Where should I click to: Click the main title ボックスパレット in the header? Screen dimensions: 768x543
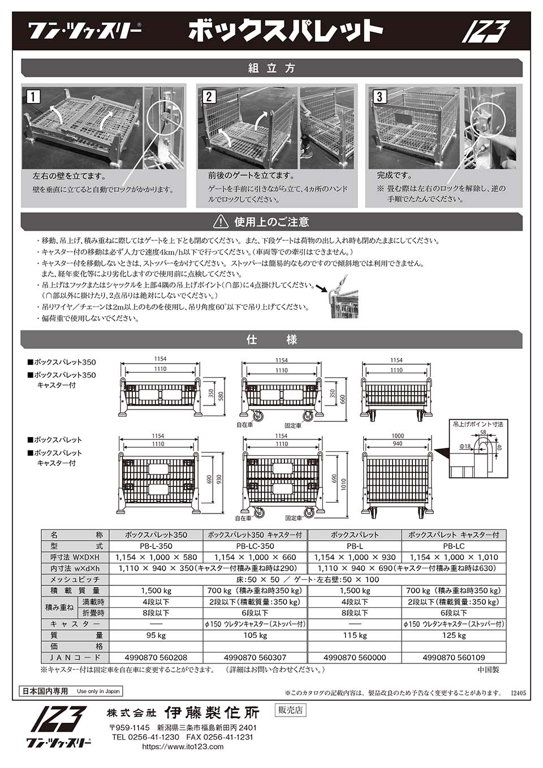point(285,31)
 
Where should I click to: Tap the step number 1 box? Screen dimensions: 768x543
point(34,97)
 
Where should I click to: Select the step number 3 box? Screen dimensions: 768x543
point(380,97)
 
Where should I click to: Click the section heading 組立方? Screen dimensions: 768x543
point(271,68)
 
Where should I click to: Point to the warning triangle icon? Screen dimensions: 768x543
point(221,222)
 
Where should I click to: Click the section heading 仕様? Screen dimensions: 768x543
point(271,340)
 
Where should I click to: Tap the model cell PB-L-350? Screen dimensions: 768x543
point(156,546)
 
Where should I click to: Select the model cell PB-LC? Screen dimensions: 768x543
point(454,546)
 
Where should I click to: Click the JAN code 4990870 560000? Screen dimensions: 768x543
point(355,658)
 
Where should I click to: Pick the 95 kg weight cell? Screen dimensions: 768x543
point(156,635)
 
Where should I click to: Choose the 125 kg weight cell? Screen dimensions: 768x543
point(454,635)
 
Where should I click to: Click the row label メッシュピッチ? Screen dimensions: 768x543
point(75,579)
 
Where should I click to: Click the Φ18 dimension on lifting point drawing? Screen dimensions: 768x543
point(464,447)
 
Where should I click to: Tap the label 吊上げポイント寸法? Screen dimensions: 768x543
point(478,424)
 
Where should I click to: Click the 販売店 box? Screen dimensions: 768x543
point(290,710)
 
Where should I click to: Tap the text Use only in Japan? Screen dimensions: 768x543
point(98,691)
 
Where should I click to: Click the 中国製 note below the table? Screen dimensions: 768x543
point(488,670)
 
